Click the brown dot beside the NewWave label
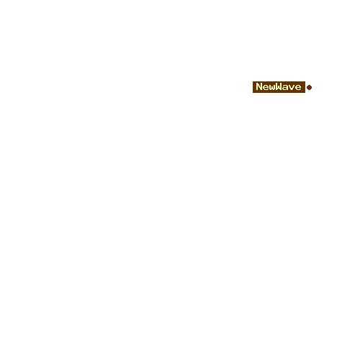click(x=309, y=87)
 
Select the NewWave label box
click(x=279, y=87)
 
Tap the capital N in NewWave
click(x=259, y=86)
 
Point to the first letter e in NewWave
click(x=266, y=88)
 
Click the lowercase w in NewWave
click(x=272, y=88)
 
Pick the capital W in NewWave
click(x=279, y=86)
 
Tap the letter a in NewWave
click(x=285, y=88)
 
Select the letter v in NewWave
click(x=292, y=88)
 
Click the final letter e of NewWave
click(x=298, y=88)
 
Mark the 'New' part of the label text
click(x=266, y=86)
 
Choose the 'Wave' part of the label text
click(x=289, y=86)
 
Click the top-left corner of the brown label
click(x=253, y=81)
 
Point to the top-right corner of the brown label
click(x=305, y=81)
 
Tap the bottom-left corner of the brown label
click(x=253, y=93)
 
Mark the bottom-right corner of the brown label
click(x=305, y=93)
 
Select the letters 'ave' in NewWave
click(x=292, y=88)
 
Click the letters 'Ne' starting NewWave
click(x=263, y=86)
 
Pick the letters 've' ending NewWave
click(x=295, y=88)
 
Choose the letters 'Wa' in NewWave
click(x=282, y=86)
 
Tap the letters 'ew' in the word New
click(x=269, y=88)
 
